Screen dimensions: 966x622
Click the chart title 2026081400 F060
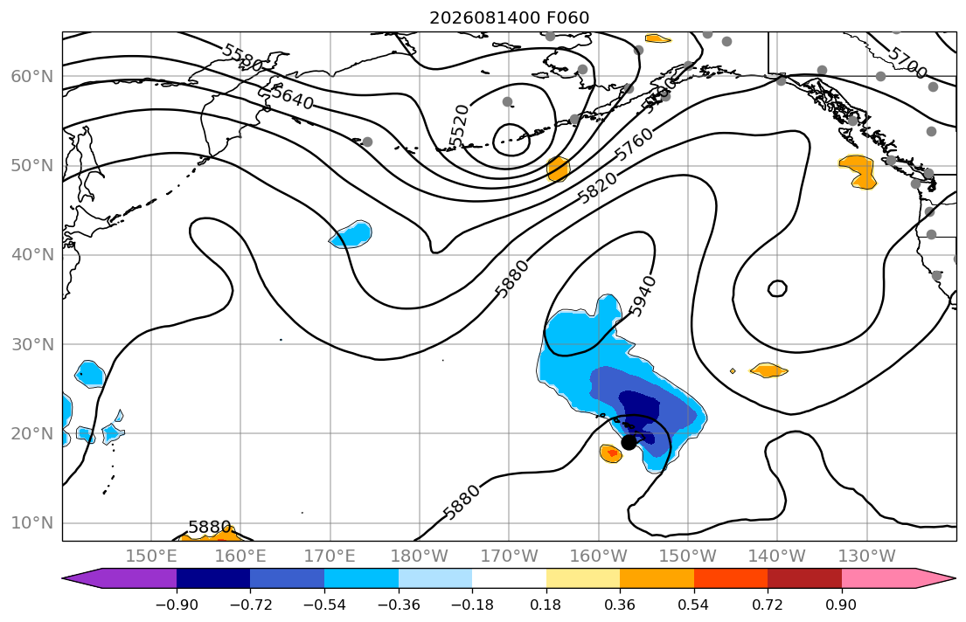tap(509, 17)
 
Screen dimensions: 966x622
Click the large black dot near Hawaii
tap(629, 442)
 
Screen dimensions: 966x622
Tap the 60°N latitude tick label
tap(32, 76)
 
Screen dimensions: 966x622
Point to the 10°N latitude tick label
tap(32, 523)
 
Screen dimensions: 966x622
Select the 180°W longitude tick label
tap(420, 556)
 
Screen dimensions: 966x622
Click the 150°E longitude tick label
tap(151, 556)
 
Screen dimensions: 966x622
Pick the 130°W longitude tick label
tap(867, 556)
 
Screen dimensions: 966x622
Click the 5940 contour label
tap(643, 297)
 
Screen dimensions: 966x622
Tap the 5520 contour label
tap(459, 127)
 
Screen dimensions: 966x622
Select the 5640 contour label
tap(293, 97)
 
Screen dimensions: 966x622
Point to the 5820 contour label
tap(597, 189)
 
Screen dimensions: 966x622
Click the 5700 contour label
tap(907, 63)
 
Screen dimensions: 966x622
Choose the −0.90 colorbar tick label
tap(177, 605)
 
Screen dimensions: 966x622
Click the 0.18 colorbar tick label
tap(546, 605)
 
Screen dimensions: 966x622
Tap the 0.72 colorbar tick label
tap(768, 605)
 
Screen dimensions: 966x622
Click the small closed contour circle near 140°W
tap(777, 288)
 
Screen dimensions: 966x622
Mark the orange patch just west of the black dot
tap(610, 454)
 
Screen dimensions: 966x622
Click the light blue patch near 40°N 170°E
tap(352, 235)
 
